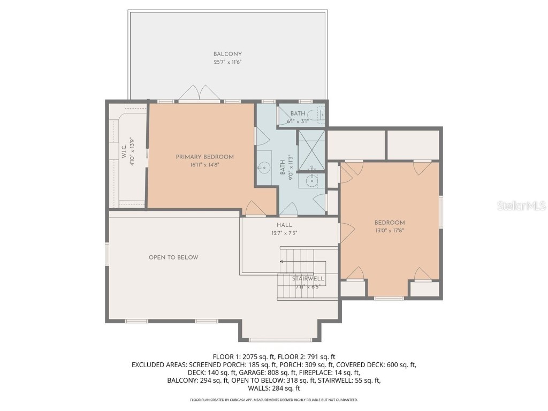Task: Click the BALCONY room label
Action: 227,54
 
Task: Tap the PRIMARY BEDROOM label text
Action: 205,157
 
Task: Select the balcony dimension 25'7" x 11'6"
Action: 227,62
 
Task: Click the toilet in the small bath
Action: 321,115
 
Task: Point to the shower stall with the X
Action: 311,146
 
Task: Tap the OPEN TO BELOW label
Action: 173,257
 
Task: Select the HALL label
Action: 284,225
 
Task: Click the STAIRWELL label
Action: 308,279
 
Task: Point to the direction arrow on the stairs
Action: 282,262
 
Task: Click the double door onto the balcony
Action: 199,95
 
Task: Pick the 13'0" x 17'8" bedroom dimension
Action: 389,231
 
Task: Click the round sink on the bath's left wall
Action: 262,168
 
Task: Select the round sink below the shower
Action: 311,182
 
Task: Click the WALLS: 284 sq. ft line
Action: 273,389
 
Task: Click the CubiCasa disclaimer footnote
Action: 273,400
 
